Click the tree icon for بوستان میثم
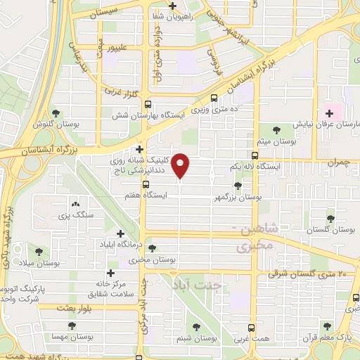coord(275,130)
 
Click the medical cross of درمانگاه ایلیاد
coord(120,233)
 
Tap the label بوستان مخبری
coord(152,260)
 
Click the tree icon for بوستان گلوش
coord(55,112)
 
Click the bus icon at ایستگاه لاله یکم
coord(255,155)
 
